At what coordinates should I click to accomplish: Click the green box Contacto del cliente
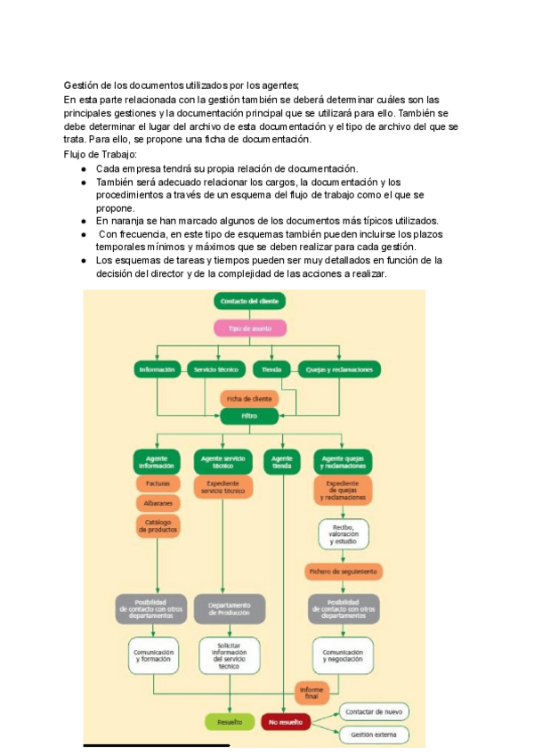[x=248, y=302]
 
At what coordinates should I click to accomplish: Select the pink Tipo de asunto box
[x=249, y=328]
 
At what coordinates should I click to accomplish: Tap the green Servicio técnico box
[x=209, y=369]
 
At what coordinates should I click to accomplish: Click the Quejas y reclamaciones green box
[x=339, y=369]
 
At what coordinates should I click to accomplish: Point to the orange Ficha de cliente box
[x=249, y=398]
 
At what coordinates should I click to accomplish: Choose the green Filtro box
[x=249, y=416]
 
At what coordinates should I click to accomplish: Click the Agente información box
[x=158, y=461]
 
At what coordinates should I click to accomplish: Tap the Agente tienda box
[x=282, y=461]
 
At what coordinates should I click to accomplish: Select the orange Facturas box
[x=158, y=483]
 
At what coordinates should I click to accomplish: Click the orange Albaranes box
[x=158, y=502]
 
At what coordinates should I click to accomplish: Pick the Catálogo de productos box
[x=158, y=525]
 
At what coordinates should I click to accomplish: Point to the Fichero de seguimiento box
[x=343, y=571]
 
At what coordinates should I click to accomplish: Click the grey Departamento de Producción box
[x=229, y=608]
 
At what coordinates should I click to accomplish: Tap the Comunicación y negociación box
[x=343, y=655]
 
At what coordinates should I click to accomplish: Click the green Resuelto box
[x=230, y=722]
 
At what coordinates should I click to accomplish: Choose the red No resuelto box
[x=285, y=722]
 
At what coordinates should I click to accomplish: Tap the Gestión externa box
[x=374, y=735]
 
